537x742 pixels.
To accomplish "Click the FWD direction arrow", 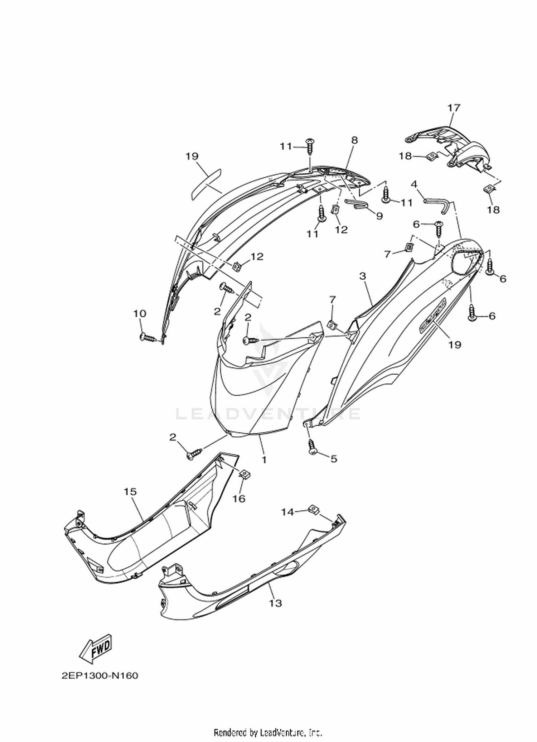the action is tap(95, 649).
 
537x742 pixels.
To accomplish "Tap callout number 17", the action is tap(453, 107).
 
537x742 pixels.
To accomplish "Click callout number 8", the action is tap(354, 140).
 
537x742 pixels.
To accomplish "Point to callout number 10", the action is tap(140, 313).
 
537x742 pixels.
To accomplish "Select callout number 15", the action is tap(130, 492).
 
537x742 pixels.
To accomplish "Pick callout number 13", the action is tap(275, 603).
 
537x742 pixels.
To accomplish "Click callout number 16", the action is tap(239, 498).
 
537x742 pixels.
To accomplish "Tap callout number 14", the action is tap(287, 512).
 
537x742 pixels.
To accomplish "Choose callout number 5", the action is tap(334, 458).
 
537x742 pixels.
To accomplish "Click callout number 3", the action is tap(363, 276).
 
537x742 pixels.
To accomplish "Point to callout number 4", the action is tap(414, 184).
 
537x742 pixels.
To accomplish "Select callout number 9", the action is tap(379, 216).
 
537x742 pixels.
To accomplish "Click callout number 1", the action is tap(264, 459).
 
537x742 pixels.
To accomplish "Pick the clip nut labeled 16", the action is tap(245, 475).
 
